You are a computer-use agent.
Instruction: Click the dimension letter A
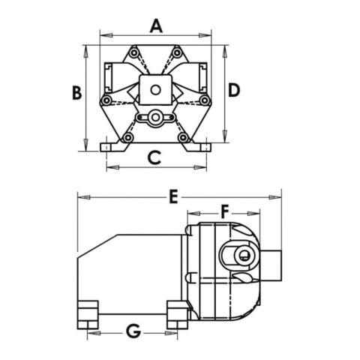click(156, 26)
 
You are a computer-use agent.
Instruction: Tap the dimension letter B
click(76, 92)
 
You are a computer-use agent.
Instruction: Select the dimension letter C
click(154, 158)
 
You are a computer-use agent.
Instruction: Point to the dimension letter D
click(234, 90)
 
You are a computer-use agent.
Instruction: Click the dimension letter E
click(173, 196)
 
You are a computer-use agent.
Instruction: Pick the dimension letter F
click(225, 211)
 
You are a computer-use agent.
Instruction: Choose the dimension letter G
click(133, 331)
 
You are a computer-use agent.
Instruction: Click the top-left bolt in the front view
click(134, 52)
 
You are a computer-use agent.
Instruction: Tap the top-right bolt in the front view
click(177, 52)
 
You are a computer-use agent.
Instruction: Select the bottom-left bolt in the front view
click(128, 137)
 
